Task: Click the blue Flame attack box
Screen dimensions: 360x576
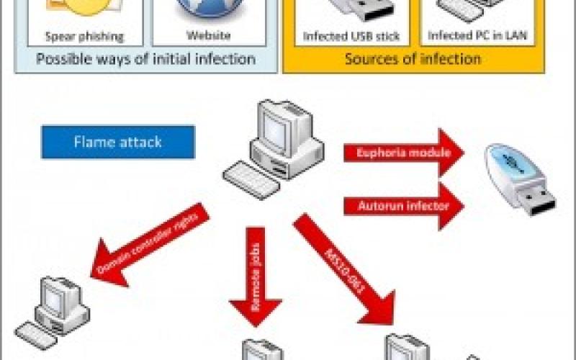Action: [x=118, y=142]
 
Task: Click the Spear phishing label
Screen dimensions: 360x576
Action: [x=84, y=36]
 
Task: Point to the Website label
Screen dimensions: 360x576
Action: [x=209, y=35]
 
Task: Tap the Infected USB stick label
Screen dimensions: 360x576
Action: [x=351, y=36]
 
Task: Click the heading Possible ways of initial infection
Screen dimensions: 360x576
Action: [x=145, y=58]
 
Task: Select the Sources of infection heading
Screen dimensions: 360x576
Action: [x=413, y=58]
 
